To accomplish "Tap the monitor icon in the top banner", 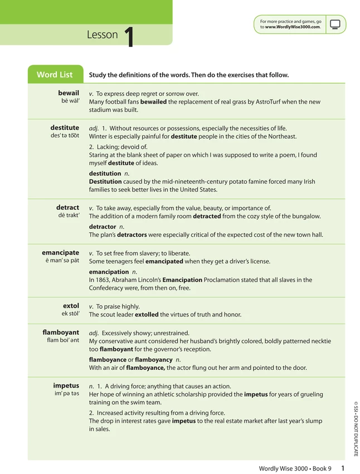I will click(335, 25).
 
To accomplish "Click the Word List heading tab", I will click(55, 75).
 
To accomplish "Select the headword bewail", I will click(69, 93).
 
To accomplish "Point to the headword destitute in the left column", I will click(65, 128).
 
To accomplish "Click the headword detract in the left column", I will click(67, 208).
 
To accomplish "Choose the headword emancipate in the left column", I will click(60, 253).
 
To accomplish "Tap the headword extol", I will click(71, 306).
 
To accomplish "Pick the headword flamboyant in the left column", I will click(61, 333).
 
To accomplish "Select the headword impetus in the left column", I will click(66, 385).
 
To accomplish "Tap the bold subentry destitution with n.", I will click(105, 173).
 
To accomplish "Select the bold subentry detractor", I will click(103, 227).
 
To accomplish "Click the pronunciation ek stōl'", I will click(70, 314).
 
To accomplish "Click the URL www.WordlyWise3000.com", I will click(293, 27).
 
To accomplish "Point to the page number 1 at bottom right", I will click(343, 468).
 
